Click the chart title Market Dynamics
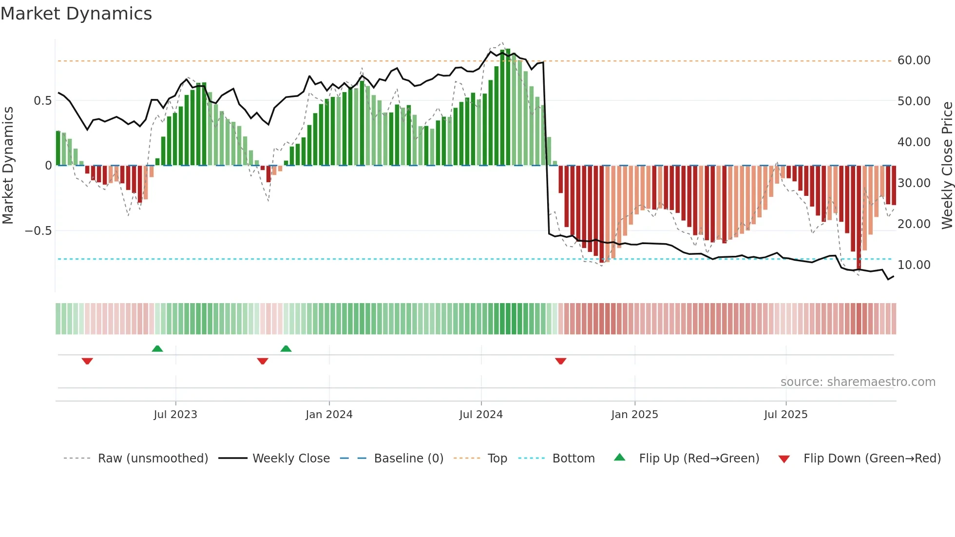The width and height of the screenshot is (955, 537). [x=76, y=14]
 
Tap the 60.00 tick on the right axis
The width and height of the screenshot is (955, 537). [x=914, y=60]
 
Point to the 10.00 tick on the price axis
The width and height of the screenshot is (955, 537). [x=914, y=265]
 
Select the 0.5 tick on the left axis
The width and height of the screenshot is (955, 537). [x=42, y=101]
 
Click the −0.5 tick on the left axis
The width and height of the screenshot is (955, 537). [x=38, y=230]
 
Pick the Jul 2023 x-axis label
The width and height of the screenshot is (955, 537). [x=175, y=415]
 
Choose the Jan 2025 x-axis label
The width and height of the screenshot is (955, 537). [x=634, y=415]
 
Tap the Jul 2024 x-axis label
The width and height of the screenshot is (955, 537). [x=481, y=415]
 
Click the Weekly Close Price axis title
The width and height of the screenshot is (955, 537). [x=947, y=166]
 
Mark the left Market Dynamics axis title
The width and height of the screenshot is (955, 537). [x=8, y=166]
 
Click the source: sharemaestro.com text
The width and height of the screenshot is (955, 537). [x=858, y=382]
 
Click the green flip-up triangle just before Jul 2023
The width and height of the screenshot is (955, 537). [x=157, y=349]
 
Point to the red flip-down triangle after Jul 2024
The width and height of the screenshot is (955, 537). [x=560, y=361]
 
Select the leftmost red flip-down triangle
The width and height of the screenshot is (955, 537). [x=87, y=361]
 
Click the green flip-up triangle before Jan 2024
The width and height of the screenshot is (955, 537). [x=286, y=349]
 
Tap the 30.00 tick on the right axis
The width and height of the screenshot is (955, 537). [x=914, y=183]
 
